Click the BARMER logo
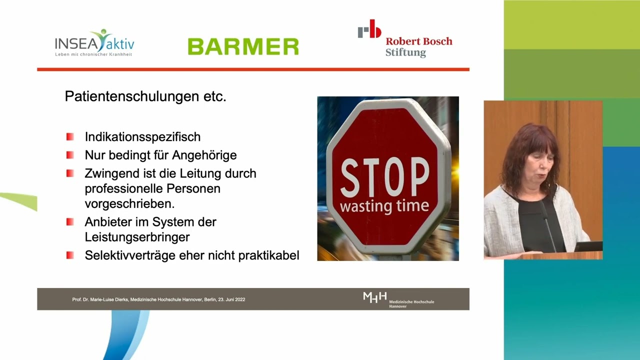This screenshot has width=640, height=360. coord(243,46)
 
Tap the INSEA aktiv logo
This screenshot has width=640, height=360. coord(94,43)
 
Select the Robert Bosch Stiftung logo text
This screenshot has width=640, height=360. coord(419,47)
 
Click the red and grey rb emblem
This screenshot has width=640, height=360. coord(369,28)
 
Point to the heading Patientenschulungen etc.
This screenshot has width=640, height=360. coord(145,96)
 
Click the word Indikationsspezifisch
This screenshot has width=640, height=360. coord(142,137)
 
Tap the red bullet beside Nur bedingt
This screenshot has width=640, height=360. coord(70,155)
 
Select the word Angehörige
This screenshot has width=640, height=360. coord(204,155)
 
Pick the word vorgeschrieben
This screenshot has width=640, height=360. coord(129,204)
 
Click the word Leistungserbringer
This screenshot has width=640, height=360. coord(137,237)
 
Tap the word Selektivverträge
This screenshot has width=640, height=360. coord(130,255)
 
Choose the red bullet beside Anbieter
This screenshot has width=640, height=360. coord(70,222)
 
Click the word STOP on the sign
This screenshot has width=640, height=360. coord(385,177)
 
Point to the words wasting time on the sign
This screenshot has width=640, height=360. coord(384,206)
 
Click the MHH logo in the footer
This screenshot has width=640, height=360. coord(398,299)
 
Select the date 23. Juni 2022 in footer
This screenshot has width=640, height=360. coord(231,299)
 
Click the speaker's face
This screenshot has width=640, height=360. coord(538,168)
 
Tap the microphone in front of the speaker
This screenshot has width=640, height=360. coord(547,225)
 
